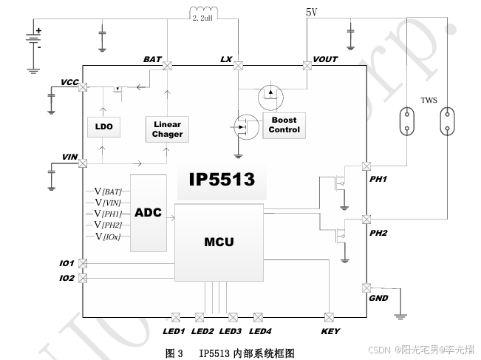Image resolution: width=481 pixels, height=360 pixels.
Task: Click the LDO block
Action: click(103, 127)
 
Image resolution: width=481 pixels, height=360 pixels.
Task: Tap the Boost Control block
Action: click(284, 125)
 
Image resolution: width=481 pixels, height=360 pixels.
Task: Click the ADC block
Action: click(148, 213)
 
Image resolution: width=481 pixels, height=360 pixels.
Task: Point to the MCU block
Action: click(219, 242)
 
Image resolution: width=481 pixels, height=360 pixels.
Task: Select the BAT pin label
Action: click(152, 58)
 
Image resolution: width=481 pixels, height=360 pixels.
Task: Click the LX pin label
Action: click(226, 58)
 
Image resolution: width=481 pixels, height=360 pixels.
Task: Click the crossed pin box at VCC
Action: click(82, 87)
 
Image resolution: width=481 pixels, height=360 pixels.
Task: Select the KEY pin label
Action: click(330, 331)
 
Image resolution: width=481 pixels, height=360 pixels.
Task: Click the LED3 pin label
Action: click(231, 331)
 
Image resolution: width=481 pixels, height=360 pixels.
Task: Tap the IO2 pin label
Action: click(66, 279)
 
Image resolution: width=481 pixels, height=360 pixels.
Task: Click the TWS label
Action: click(429, 101)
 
